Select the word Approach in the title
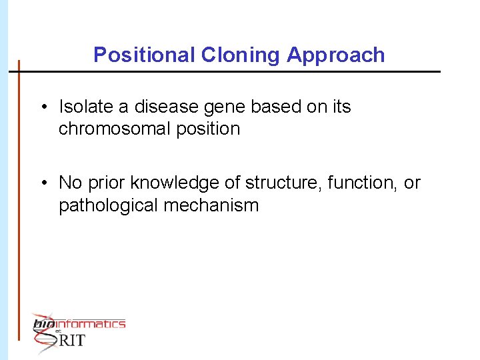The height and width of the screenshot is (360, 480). (336, 55)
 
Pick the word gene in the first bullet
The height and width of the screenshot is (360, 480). (213, 107)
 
